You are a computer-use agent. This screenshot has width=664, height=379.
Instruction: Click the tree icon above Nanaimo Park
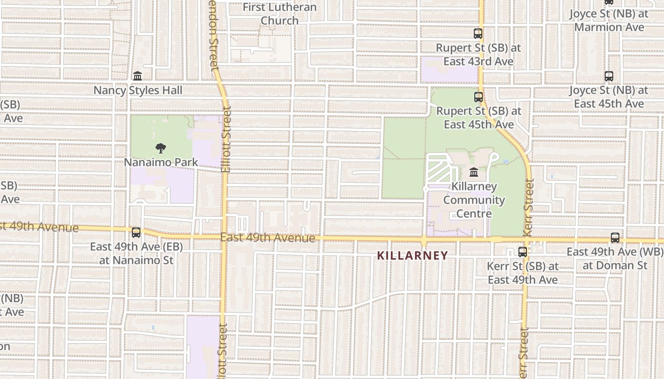[x=161, y=148]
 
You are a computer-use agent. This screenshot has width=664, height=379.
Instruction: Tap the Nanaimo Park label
[x=161, y=162]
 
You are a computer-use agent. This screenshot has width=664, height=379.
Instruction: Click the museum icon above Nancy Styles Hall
[x=138, y=76]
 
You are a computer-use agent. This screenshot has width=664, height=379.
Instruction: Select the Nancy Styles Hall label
[x=138, y=90]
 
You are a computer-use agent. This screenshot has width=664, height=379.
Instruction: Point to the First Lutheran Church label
[x=280, y=14]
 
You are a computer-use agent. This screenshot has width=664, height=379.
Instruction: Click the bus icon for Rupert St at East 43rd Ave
[x=478, y=34]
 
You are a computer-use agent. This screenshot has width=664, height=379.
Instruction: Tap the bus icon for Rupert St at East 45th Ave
[x=479, y=97]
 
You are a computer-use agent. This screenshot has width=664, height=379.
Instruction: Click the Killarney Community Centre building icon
[x=473, y=172]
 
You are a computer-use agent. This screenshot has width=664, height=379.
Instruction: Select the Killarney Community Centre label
[x=474, y=200]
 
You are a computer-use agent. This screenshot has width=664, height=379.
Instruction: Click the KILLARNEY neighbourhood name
[x=412, y=256]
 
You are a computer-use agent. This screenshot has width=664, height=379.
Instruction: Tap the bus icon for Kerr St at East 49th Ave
[x=523, y=252]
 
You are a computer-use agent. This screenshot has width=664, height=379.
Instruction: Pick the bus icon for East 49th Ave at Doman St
[x=615, y=238]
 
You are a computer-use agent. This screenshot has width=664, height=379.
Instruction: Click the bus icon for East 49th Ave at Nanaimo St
[x=136, y=232]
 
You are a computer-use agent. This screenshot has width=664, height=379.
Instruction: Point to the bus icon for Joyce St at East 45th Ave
[x=609, y=76]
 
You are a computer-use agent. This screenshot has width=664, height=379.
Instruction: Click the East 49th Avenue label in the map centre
[x=268, y=237]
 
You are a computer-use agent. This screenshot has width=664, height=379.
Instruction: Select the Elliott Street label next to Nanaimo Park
[x=226, y=140]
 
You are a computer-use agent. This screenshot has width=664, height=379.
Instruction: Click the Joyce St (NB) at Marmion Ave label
[x=609, y=20]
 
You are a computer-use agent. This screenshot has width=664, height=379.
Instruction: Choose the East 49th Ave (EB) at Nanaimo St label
[x=136, y=253]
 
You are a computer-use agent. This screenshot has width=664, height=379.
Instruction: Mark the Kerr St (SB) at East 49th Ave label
[x=523, y=273]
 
